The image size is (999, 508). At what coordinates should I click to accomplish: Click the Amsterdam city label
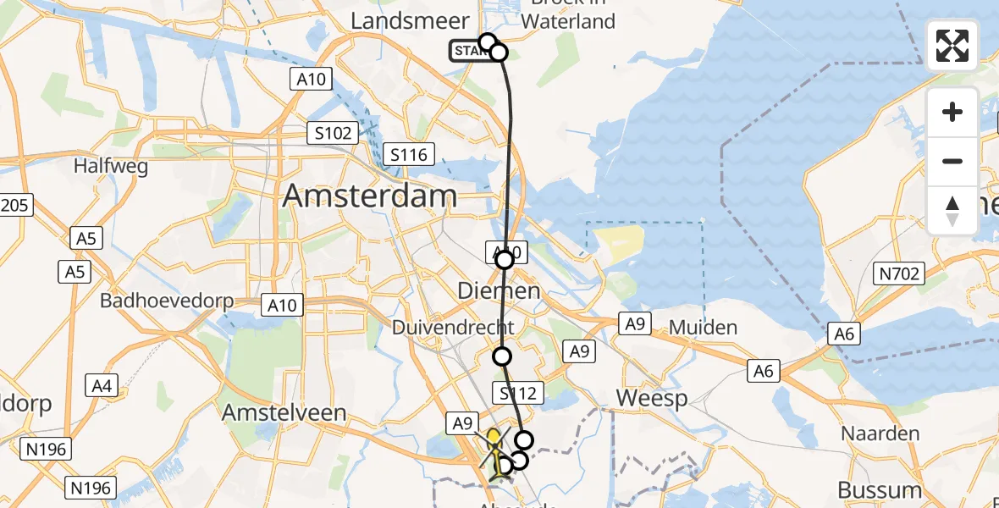(369, 196)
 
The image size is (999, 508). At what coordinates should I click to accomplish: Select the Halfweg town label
(111, 166)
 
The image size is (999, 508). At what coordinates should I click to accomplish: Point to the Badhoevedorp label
(167, 301)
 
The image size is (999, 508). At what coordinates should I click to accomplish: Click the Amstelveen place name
(284, 412)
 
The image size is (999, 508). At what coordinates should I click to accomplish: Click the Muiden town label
(703, 328)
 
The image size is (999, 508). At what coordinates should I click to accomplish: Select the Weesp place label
(651, 398)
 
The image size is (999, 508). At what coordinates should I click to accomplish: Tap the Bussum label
(880, 489)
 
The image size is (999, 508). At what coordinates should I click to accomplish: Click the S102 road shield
(333, 133)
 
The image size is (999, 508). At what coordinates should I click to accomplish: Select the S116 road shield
(409, 154)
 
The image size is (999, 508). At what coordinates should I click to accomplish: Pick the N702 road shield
(899, 273)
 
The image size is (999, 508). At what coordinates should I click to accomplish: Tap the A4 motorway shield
(102, 386)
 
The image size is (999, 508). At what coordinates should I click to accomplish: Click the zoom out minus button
(952, 161)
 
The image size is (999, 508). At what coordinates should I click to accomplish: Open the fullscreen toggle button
(952, 46)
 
